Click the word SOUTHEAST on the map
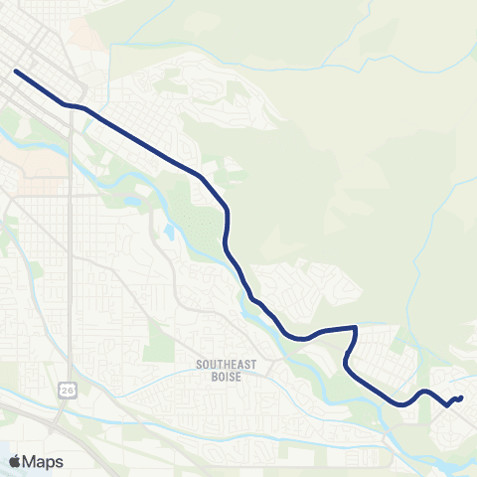pos(227,365)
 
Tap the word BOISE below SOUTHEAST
pos(227,377)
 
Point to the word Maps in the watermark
pos(43,461)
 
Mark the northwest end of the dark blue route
pos(16,71)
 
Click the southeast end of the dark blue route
pos(461,397)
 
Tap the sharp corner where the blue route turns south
pos(355,326)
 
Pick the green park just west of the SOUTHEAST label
pos(159,343)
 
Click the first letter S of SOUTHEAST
pos(199,365)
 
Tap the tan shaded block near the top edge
pos(84,35)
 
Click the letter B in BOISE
pos(213,377)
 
